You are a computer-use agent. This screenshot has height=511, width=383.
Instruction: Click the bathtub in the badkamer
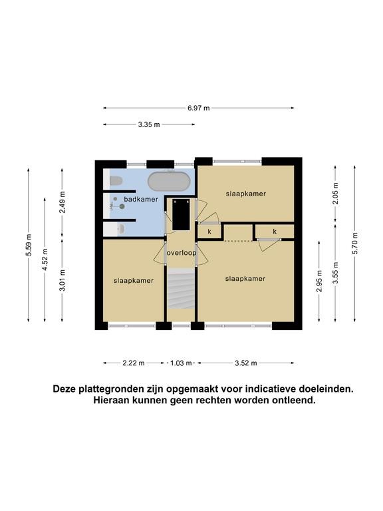(x=169, y=181)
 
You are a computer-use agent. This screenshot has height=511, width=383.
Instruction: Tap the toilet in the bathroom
(x=116, y=180)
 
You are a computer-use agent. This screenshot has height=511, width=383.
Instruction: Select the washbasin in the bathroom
(x=120, y=229)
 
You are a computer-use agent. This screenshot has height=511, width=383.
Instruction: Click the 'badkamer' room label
(x=141, y=199)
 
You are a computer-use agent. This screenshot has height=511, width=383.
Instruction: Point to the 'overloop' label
(x=182, y=253)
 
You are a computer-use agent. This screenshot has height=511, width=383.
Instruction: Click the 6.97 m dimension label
(x=199, y=108)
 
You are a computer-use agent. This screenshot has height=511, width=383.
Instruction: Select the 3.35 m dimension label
(x=149, y=124)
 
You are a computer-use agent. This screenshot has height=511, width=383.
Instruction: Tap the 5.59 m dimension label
(x=29, y=245)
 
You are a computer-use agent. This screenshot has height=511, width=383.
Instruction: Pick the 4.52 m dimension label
(x=45, y=259)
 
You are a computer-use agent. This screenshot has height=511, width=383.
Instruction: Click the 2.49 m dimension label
(x=63, y=202)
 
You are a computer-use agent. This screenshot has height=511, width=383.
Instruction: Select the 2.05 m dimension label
(x=336, y=193)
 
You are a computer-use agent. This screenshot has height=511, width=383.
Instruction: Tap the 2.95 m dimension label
(x=319, y=281)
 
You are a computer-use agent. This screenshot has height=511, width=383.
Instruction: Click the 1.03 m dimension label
(x=181, y=363)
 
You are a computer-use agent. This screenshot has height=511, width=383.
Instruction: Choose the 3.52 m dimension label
(x=246, y=363)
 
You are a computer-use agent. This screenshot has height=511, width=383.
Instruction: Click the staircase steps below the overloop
(x=181, y=288)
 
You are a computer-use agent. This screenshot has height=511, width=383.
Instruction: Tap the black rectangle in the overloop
(x=181, y=214)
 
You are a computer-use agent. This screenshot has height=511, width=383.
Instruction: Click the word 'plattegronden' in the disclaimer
(x=108, y=389)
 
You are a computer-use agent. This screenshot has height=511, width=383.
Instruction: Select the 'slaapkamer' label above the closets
(x=246, y=194)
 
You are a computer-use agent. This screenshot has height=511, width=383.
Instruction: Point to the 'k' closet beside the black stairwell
(x=209, y=232)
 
